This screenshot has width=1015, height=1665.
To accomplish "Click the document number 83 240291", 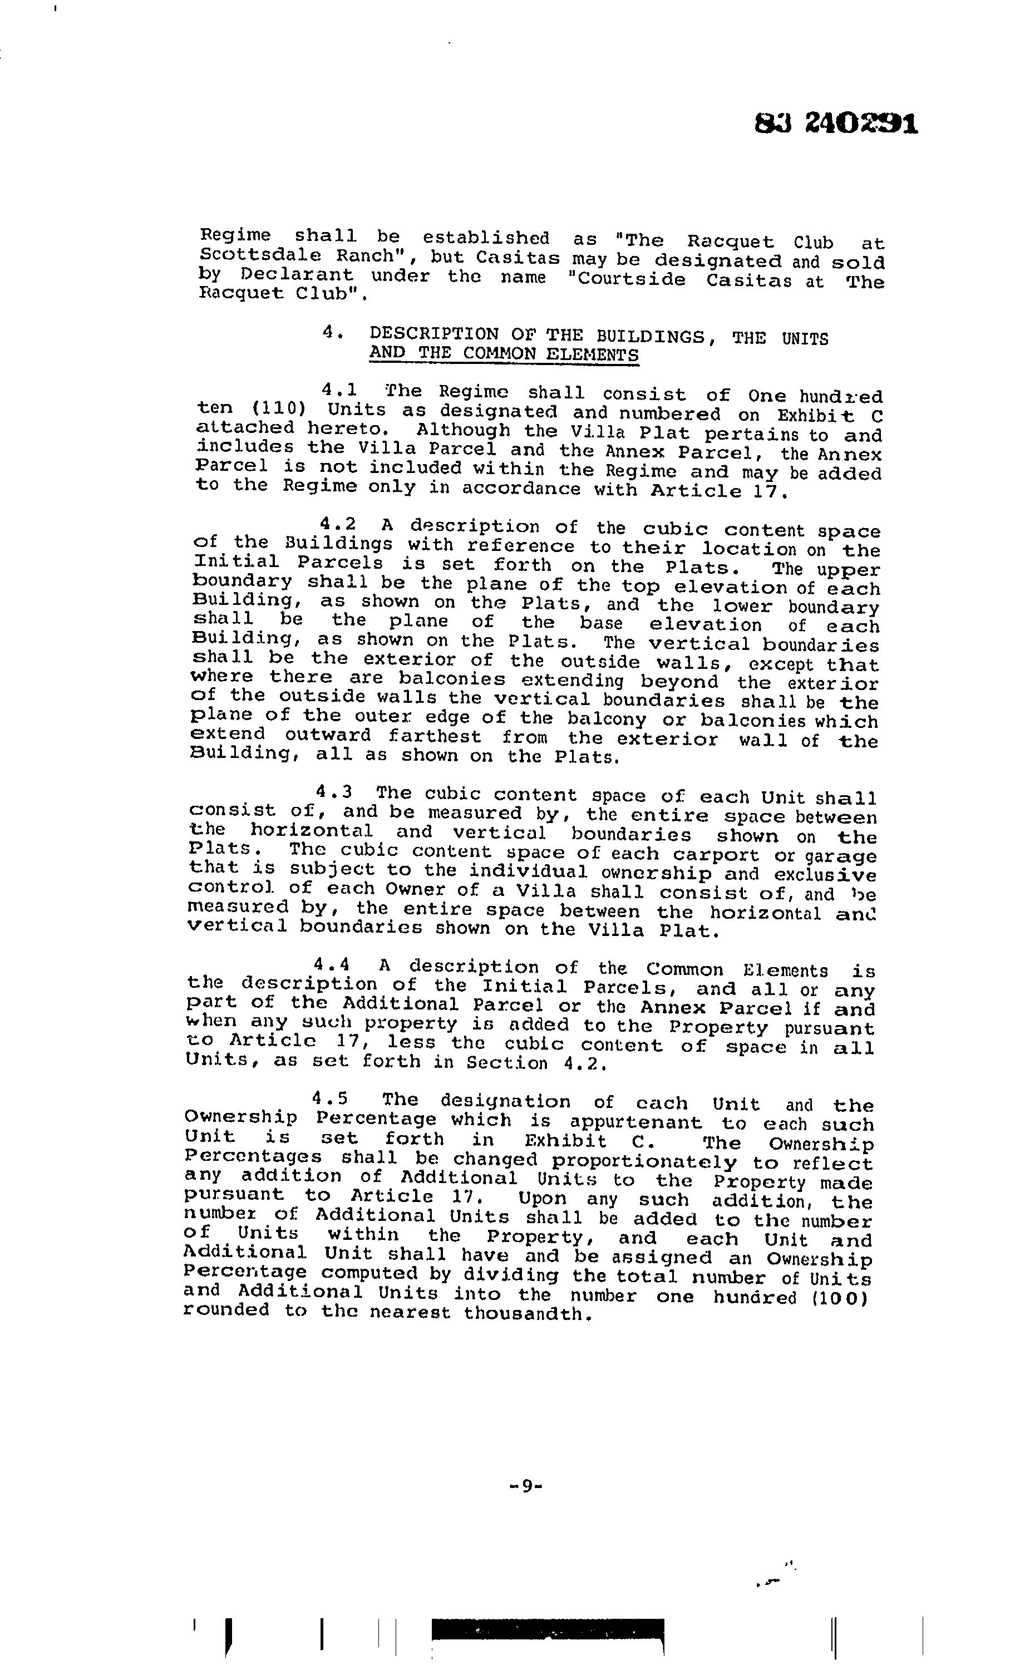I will point(836,124).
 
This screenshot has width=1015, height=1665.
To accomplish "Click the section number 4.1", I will point(339,390).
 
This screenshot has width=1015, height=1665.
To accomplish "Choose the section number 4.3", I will point(334,791).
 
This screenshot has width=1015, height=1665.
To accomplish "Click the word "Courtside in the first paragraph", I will point(627,280).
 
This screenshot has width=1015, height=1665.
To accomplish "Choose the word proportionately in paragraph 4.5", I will point(644,1161).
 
